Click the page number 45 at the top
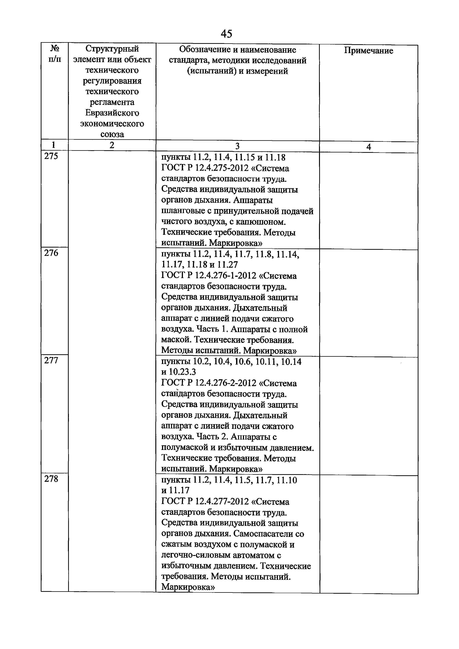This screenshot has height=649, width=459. tap(226, 34)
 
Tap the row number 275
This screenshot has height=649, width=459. tap(51, 156)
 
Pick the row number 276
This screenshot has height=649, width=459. tap(51, 253)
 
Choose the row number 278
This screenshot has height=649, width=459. tap(51, 479)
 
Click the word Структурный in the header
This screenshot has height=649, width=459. tap(112, 49)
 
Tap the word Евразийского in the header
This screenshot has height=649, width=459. tap(112, 113)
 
